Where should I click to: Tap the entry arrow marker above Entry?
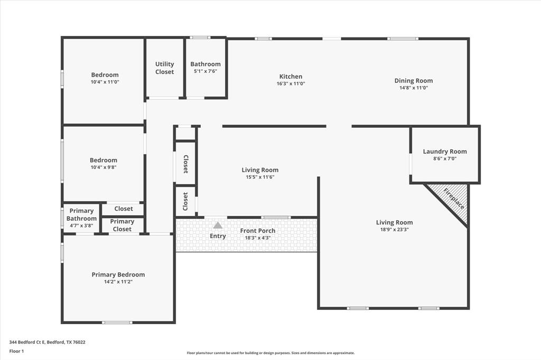[x=218, y=225]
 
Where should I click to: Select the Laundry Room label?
[x=445, y=151]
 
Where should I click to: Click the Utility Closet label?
[x=164, y=68]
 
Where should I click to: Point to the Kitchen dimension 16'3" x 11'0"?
[x=291, y=84]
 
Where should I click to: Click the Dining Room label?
[x=413, y=81]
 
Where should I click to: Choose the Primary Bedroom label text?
[x=118, y=274]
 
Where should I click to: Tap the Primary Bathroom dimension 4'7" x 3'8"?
[x=81, y=226]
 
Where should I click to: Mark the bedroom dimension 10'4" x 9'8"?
[x=103, y=167]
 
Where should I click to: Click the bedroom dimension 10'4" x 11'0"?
[x=105, y=82]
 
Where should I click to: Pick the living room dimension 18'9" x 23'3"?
[x=394, y=230]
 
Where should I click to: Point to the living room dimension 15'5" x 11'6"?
[x=259, y=177]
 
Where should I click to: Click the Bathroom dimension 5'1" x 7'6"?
[x=206, y=71]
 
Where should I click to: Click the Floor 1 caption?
[x=16, y=350]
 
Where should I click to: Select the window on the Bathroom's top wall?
[x=200, y=37]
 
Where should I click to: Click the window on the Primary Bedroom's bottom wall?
[x=117, y=322]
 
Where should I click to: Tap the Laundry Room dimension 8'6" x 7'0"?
[x=445, y=159]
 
